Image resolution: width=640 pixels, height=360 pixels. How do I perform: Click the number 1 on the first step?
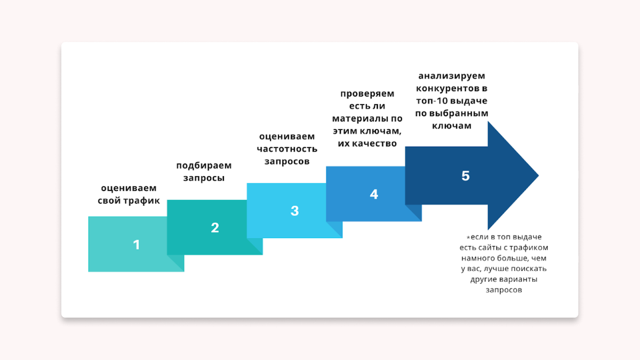[137, 245]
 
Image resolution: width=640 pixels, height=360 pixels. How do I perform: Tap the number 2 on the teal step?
[215, 228]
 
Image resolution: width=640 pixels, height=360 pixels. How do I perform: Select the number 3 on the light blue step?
[294, 211]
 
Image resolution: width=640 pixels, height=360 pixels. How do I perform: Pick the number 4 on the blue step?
[374, 194]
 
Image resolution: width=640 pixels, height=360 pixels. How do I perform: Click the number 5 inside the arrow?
[466, 176]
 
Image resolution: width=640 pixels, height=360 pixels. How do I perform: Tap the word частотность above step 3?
[287, 149]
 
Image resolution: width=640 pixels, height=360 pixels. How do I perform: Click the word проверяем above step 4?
[367, 94]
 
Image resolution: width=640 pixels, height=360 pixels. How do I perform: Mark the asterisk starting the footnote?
[468, 237]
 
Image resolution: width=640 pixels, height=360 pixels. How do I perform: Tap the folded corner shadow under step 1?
[175, 263]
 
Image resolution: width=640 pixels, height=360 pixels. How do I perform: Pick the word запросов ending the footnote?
[504, 290]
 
